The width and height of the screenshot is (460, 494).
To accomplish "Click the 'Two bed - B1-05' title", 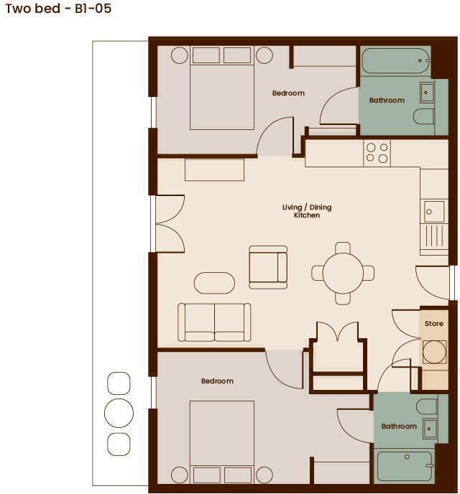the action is (x=58, y=8).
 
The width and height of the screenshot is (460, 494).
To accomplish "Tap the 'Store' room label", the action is (x=434, y=324).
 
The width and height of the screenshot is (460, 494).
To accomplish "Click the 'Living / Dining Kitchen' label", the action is (x=307, y=211).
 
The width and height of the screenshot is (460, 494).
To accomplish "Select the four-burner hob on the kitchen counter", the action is (x=377, y=153).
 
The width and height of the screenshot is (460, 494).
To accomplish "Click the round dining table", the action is (x=343, y=273).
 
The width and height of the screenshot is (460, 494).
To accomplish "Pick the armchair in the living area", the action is (x=268, y=267).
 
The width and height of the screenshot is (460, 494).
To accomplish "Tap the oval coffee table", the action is (x=214, y=283).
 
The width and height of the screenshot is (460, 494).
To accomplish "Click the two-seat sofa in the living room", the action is (x=214, y=322).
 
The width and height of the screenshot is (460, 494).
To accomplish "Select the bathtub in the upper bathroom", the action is (x=396, y=60).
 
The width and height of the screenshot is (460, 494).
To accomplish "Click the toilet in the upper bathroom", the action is (x=423, y=116).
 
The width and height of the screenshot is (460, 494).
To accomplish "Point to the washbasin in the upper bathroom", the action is (x=427, y=93).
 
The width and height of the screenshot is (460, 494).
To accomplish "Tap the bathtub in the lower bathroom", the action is (x=405, y=467).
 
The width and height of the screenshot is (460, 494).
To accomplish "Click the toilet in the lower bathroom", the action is (x=427, y=406).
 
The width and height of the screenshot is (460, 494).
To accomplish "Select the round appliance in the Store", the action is (x=434, y=352).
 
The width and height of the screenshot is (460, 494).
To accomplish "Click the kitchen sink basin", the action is (x=434, y=211).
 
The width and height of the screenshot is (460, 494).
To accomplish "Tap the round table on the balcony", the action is (x=119, y=413).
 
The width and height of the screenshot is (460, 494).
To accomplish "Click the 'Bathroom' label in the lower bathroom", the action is (x=399, y=427).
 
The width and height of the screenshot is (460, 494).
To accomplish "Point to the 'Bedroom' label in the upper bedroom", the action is (x=288, y=93).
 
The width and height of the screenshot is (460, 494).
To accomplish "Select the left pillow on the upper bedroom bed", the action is (x=206, y=55).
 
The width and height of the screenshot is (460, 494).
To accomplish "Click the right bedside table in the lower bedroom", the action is (x=264, y=475).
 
